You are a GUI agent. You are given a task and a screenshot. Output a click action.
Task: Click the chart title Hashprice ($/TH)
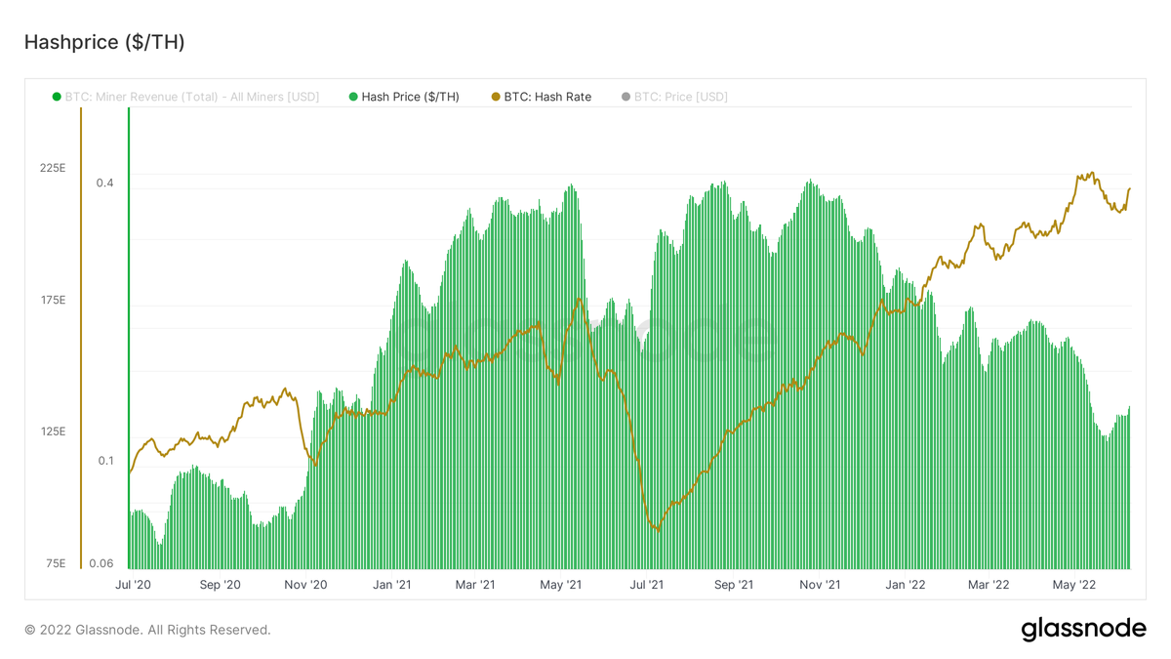click(104, 42)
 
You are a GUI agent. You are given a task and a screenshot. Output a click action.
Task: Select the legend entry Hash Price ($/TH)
click(404, 97)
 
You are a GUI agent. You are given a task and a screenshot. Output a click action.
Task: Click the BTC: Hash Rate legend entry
click(542, 97)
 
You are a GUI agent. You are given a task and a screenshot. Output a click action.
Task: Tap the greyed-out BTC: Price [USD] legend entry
click(674, 97)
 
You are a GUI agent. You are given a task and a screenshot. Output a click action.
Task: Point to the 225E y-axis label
click(53, 168)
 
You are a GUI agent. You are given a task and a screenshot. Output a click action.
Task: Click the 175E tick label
click(53, 300)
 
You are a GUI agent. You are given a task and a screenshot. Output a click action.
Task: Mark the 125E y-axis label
click(53, 432)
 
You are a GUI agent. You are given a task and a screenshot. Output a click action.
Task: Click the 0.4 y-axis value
click(104, 184)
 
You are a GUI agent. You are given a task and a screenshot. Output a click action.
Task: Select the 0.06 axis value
click(101, 563)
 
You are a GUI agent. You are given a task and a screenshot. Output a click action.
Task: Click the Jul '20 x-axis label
click(133, 585)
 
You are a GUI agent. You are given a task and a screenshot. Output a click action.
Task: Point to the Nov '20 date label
click(305, 585)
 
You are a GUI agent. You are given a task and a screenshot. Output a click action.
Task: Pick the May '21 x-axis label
click(561, 585)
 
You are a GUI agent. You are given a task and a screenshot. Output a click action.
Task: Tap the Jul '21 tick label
click(647, 585)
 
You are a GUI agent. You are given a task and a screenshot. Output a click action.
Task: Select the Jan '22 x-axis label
click(905, 585)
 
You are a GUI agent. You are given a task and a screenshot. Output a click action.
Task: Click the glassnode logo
click(1083, 630)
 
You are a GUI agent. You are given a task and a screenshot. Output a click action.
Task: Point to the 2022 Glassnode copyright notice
click(147, 630)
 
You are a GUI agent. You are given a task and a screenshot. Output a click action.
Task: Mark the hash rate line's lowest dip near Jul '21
click(658, 529)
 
